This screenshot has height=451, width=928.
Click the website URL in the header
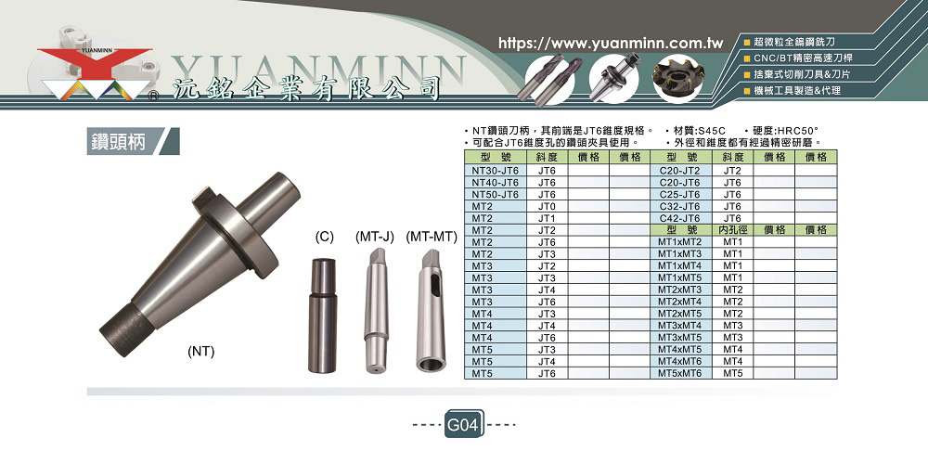coord(612,44)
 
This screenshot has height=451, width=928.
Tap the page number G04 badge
coord(464,424)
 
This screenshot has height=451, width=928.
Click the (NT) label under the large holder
coord(200,352)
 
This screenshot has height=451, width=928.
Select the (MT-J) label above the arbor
coord(375,238)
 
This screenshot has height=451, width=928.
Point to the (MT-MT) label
coord(432,238)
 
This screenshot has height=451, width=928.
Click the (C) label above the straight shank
coord(324,238)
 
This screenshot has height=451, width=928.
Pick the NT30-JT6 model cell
coord(496,171)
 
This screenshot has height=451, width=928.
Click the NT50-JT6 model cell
coord(496,194)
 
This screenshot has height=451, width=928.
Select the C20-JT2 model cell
coord(679,171)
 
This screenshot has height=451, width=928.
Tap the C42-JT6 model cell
coord(679,218)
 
